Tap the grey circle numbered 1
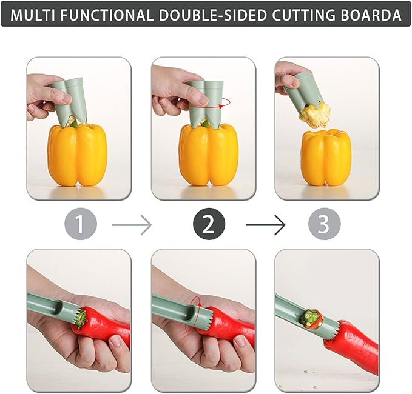click(x=81, y=225)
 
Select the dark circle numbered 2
click(x=208, y=225)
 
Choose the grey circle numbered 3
click(x=323, y=225)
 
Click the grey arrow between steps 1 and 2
click(x=132, y=225)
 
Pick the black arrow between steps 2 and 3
click(x=265, y=225)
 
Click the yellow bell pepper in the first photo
click(x=77, y=155)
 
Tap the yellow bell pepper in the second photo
click(x=208, y=154)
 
